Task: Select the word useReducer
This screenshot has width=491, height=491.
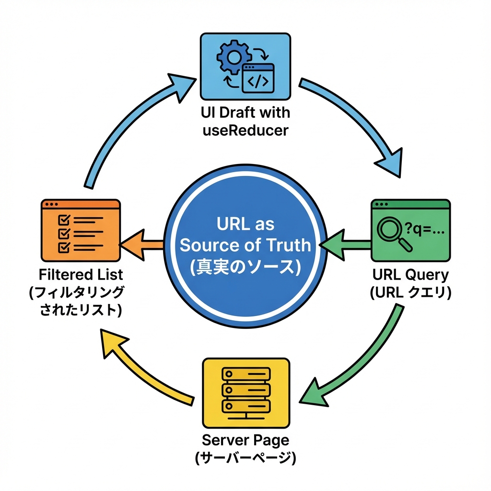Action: point(245,129)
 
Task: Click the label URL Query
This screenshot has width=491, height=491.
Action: point(410,275)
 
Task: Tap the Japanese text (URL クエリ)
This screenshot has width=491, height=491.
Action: point(410,292)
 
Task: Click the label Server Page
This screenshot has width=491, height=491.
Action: point(245,439)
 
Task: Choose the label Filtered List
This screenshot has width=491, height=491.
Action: point(81,275)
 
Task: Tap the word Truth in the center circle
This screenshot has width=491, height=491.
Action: point(288,245)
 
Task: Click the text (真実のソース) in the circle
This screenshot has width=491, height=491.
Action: point(245,266)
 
